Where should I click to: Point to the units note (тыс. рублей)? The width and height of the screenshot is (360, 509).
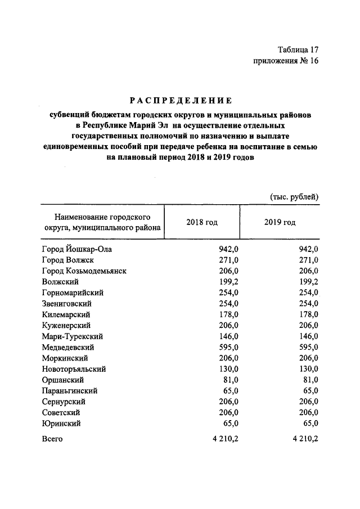tap(294, 196)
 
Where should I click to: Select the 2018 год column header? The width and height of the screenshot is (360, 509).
tap(202, 222)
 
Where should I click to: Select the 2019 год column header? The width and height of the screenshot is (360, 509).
tap(280, 222)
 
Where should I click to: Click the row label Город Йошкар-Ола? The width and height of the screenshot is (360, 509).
tap(77, 249)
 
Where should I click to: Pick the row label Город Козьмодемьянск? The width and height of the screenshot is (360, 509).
tap(84, 271)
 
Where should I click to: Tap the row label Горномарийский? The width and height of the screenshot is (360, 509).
tap(73, 292)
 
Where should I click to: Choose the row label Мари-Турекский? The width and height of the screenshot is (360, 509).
tap(72, 336)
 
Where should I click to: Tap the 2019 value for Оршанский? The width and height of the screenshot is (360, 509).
tap(311, 380)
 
